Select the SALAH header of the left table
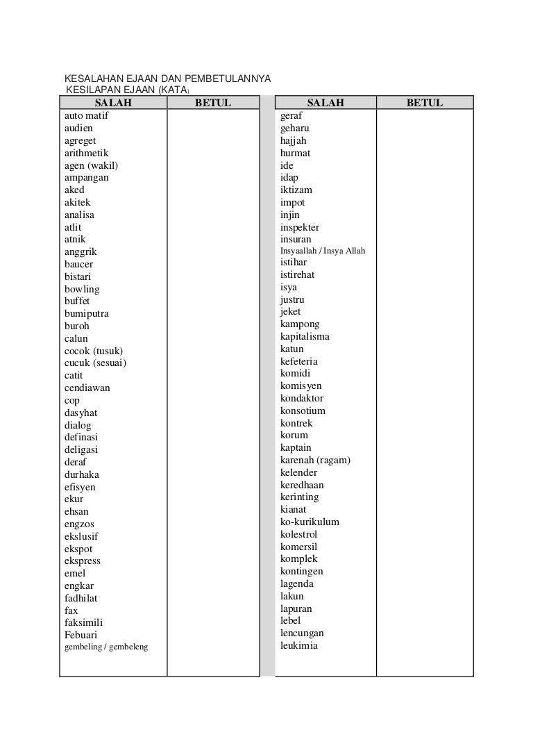112,103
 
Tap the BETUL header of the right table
424,103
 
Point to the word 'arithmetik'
86,153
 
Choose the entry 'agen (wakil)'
91,165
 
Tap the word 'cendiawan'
87,388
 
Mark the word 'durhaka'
81,474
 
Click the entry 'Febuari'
81,635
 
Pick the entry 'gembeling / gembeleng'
106,647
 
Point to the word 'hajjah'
293,140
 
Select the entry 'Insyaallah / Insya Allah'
322,251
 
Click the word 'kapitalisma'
305,336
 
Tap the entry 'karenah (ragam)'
315,460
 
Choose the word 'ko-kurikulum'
310,522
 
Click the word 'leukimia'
298,645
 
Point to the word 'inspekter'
300,227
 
